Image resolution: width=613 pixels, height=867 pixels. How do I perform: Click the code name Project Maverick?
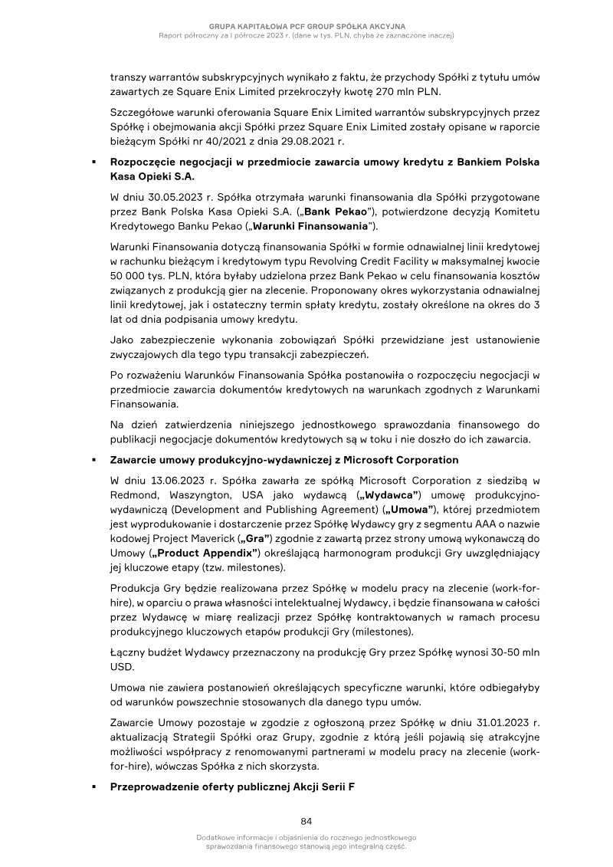(199, 539)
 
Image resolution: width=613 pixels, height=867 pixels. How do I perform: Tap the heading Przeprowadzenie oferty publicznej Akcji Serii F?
(232, 787)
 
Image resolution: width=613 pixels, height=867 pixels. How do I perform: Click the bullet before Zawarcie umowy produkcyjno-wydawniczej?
(93, 460)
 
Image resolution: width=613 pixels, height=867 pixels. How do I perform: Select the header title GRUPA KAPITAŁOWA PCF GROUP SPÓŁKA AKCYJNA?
(306, 25)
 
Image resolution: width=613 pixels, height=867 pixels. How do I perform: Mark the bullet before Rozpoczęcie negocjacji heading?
(93, 163)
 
